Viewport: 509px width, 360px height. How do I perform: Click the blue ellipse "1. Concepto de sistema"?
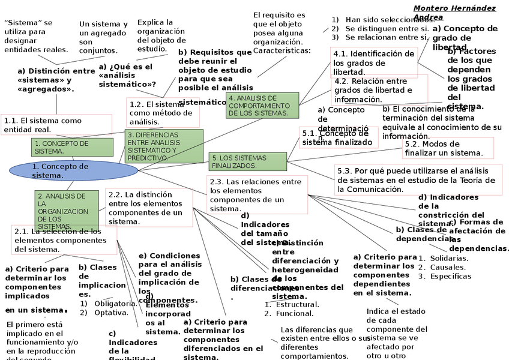coord(73,170)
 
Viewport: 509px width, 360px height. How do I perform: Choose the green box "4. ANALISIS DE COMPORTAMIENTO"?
coord(262,106)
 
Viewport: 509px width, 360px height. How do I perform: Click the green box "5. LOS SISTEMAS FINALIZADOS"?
coord(248,161)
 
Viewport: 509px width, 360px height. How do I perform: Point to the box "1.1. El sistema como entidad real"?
coord(56,125)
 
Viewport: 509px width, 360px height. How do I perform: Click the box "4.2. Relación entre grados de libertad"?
coord(380,89)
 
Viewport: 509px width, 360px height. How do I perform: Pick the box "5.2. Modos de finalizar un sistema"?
coord(448,148)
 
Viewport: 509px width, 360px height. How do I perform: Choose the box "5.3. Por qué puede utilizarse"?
coord(417,180)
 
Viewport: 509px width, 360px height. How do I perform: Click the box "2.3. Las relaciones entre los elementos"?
coord(258,194)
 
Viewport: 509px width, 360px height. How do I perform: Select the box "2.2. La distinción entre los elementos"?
coord(149,208)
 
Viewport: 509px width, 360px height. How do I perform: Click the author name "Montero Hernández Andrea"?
coord(454,13)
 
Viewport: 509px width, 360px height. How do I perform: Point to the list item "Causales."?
coord(448,268)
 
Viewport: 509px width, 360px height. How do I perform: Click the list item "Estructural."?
coord(297,304)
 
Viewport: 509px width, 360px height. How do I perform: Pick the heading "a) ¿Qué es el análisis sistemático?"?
coord(127,76)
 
